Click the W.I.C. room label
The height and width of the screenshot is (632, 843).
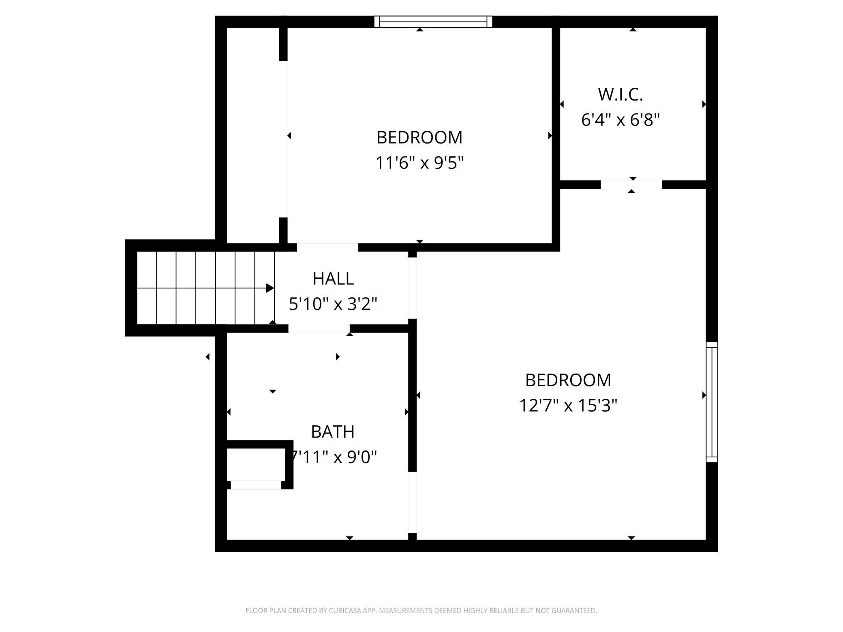(620, 95)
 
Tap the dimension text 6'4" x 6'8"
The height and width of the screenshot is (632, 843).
(620, 120)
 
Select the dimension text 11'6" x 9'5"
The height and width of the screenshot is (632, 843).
(419, 163)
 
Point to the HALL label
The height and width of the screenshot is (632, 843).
(333, 279)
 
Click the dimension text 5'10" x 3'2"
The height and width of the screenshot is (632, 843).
(333, 303)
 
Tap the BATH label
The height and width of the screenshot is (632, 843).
(333, 432)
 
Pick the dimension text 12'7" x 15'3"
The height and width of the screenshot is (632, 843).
(568, 405)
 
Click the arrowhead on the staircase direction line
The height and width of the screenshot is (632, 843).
(270, 288)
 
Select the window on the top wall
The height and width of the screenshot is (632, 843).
(433, 22)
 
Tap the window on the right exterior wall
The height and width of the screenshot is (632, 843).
(712, 402)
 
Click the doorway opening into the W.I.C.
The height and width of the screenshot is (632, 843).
(631, 185)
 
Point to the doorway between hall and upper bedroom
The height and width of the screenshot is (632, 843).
(327, 248)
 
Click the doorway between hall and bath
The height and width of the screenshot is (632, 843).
(319, 329)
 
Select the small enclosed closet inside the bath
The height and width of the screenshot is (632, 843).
(256, 464)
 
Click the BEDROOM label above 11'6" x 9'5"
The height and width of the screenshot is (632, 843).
(419, 138)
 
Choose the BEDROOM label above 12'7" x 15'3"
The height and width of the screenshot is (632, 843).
(568, 380)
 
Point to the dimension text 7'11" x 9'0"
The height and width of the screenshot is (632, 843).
(333, 457)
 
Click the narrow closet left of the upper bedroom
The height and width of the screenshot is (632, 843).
(253, 135)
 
